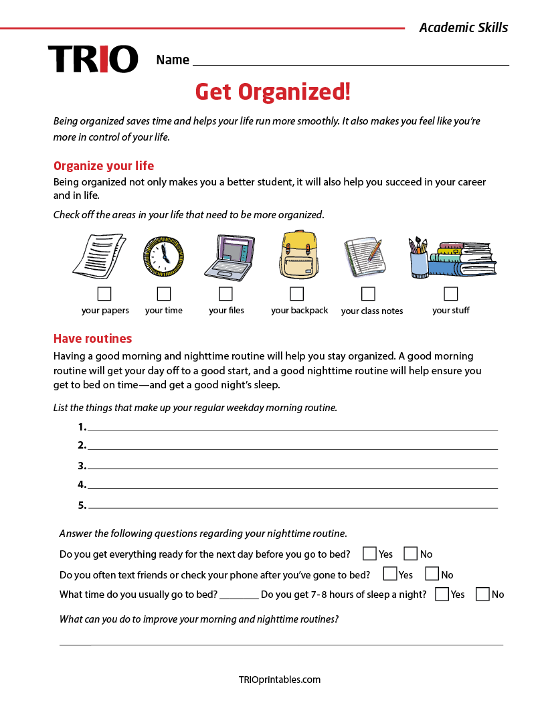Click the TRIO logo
click(93, 59)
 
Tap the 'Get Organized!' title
click(272, 92)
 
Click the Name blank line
click(351, 62)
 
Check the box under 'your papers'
click(104, 294)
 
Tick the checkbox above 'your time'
click(164, 294)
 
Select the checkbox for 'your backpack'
click(297, 294)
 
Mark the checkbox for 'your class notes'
click(368, 294)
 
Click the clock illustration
click(163, 256)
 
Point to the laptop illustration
click(230, 256)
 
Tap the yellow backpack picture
click(298, 255)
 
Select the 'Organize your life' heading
click(104, 166)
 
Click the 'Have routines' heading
click(93, 338)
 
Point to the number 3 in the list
click(82, 466)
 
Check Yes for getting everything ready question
click(369, 554)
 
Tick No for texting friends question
click(432, 574)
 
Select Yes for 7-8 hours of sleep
click(442, 594)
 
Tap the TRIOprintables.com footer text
click(280, 680)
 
